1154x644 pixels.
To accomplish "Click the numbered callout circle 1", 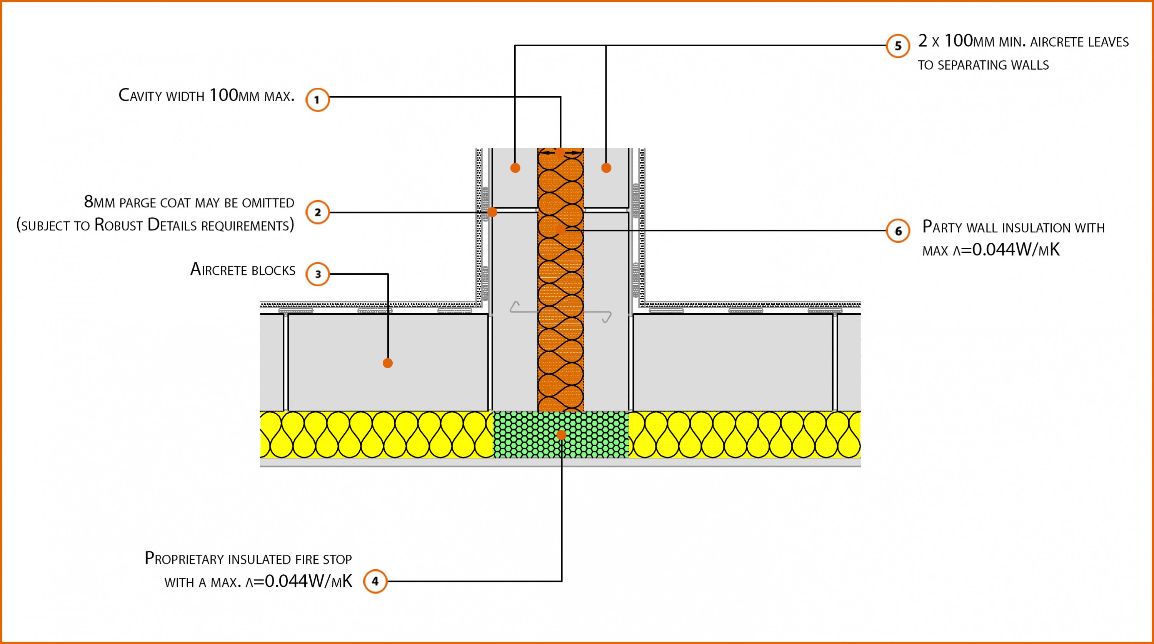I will [317, 100].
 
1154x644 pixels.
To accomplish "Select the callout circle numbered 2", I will [317, 212].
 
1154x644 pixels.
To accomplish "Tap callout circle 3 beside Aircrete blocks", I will [317, 274].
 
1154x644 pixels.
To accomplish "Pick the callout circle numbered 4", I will [375, 581].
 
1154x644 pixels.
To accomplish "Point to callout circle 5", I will [898, 46].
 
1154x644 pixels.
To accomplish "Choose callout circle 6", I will [898, 231].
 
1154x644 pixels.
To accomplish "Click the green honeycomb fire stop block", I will [529, 435].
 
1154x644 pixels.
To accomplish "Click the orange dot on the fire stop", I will [561, 434].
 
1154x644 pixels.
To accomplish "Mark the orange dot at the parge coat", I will [492, 212].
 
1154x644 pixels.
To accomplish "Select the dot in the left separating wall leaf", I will [515, 168].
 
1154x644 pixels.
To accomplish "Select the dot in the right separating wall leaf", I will [606, 168].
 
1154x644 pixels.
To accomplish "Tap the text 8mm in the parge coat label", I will [100, 202].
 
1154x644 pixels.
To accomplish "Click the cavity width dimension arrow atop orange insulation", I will [560, 153].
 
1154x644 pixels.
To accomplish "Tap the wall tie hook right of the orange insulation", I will [605, 317].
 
